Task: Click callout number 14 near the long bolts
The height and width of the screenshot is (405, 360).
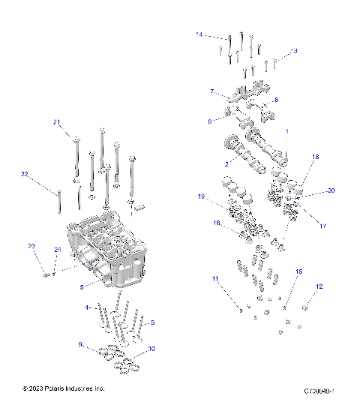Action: (199, 34)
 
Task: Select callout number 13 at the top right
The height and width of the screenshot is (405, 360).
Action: (293, 51)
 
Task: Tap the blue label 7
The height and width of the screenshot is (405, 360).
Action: (212, 91)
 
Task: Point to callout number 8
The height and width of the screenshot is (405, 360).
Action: (276, 100)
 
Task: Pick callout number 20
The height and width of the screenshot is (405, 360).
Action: (331, 190)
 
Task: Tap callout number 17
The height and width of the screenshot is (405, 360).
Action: (324, 225)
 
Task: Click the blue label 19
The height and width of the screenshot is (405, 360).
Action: (201, 197)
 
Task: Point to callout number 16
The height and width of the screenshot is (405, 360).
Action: (216, 223)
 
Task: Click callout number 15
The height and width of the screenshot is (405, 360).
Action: (298, 271)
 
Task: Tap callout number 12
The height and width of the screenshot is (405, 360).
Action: (319, 286)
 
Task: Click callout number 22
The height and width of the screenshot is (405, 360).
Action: (24, 174)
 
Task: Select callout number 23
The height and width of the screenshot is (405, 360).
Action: (31, 247)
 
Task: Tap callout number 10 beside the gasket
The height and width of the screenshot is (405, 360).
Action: (151, 349)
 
